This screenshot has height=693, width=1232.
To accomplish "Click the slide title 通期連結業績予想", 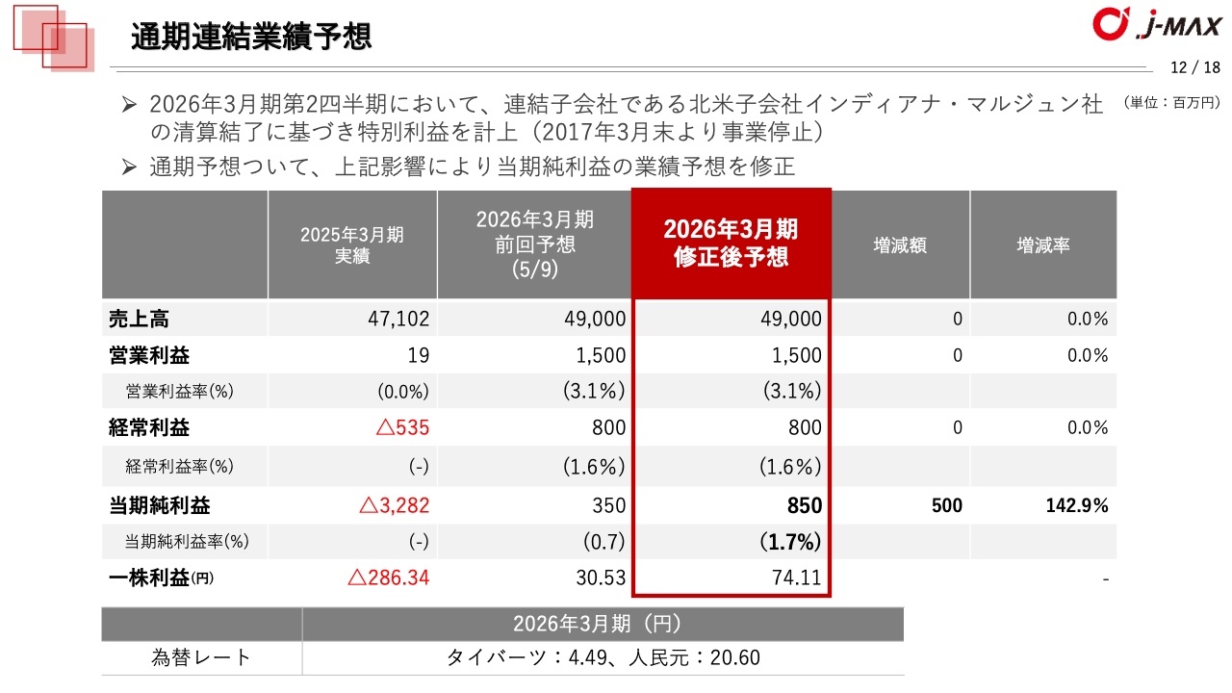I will click(251, 38).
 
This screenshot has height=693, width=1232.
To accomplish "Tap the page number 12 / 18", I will click(1194, 67).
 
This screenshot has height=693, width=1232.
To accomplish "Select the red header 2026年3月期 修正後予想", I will click(731, 244).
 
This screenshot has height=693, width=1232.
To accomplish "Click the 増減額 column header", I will click(900, 245).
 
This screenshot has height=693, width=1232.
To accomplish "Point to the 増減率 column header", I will click(1043, 245).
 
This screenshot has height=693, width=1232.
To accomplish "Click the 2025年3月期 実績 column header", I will click(351, 245).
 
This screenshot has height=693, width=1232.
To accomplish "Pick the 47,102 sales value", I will click(398, 319).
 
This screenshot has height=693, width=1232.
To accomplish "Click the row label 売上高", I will click(140, 319).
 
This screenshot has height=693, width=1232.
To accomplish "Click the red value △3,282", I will click(394, 505).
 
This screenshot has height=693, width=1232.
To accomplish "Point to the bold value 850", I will click(804, 505).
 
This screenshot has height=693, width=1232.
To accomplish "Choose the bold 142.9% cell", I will click(1077, 505).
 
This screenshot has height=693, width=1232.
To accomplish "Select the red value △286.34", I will click(388, 578).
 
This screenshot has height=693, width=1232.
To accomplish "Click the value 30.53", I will click(599, 578).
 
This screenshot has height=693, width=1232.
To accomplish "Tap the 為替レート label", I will click(201, 657).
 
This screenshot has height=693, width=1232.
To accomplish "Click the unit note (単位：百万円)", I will click(1170, 102).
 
